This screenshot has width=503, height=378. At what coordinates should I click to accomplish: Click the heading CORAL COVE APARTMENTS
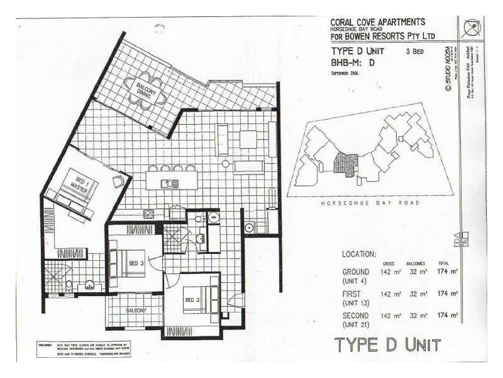tap(377, 21)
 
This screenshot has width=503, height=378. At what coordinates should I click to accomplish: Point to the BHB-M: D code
tap(353, 63)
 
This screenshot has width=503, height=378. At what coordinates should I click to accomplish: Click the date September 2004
tap(348, 74)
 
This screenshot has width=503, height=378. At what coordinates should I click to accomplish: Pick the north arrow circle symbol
tap(472, 29)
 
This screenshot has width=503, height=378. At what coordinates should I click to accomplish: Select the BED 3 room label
tap(136, 263)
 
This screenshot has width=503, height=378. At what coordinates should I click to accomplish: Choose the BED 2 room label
tap(192, 300)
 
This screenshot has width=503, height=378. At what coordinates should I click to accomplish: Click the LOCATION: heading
tap(359, 255)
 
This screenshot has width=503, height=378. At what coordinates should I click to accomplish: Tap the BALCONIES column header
tap(416, 263)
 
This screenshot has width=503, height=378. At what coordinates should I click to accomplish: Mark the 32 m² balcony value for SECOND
tap(418, 315)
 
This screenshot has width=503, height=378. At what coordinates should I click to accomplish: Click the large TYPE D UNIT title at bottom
tap(387, 345)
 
